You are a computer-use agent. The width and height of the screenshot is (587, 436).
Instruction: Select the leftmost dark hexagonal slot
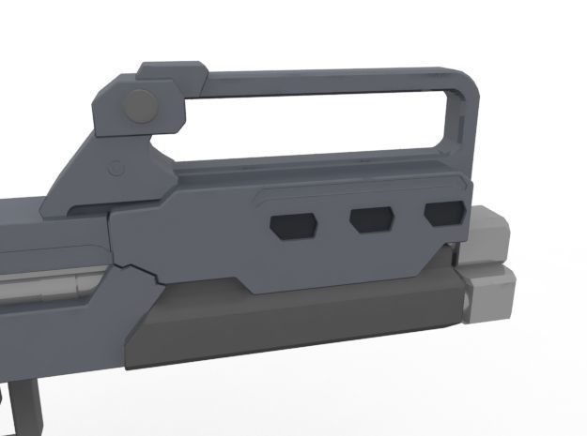point(293,224)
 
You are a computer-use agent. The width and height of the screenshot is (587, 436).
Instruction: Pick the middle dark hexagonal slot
point(372,219)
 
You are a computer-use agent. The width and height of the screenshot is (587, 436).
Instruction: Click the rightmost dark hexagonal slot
point(443,214)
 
